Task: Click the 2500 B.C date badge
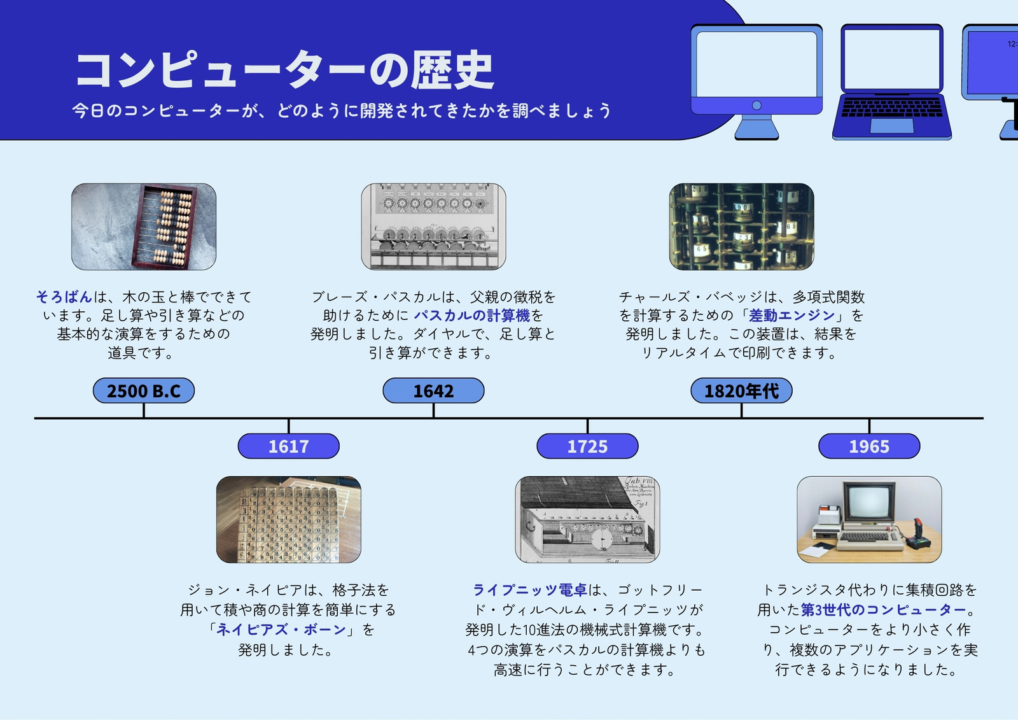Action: [144, 390]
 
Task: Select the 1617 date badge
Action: [289, 446]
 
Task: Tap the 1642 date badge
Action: [433, 390]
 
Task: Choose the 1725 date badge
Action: [587, 446]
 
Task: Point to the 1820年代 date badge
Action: [741, 390]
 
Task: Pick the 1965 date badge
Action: [869, 446]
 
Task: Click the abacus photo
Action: [144, 227]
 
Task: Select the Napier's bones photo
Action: [289, 519]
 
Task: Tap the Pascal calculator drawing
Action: [433, 227]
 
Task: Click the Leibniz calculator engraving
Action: [587, 519]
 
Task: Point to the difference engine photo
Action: [741, 227]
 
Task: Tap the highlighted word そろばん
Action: [64, 297]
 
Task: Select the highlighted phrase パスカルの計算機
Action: [471, 315]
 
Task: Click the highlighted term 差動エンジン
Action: [791, 315]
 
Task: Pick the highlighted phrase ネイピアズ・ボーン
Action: [281, 629]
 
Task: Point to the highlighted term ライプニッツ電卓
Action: [530, 589]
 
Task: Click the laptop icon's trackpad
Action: [891, 126]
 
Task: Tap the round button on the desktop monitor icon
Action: [757, 106]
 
